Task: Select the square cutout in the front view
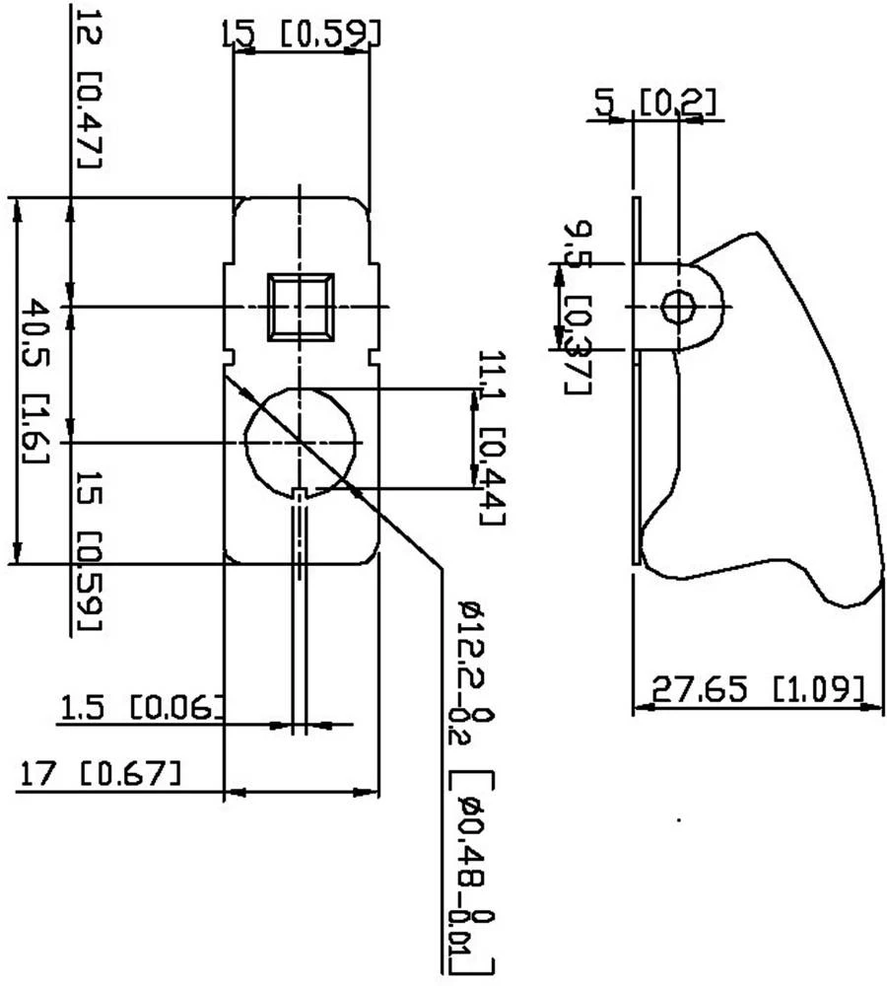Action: click(x=301, y=307)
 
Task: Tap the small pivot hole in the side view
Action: click(x=678, y=308)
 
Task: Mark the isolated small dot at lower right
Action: click(x=678, y=818)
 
